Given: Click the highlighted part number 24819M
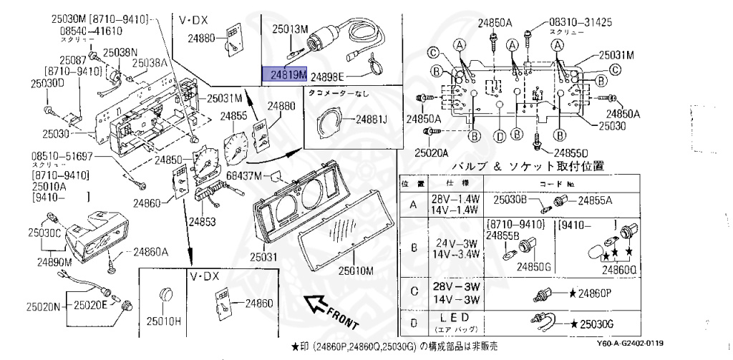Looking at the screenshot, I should click(x=285, y=73).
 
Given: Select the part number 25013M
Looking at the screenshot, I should click(x=289, y=29).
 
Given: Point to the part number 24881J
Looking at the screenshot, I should click(x=369, y=119).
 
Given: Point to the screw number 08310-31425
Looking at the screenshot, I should click(x=581, y=22).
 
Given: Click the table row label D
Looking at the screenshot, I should click(x=413, y=323).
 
